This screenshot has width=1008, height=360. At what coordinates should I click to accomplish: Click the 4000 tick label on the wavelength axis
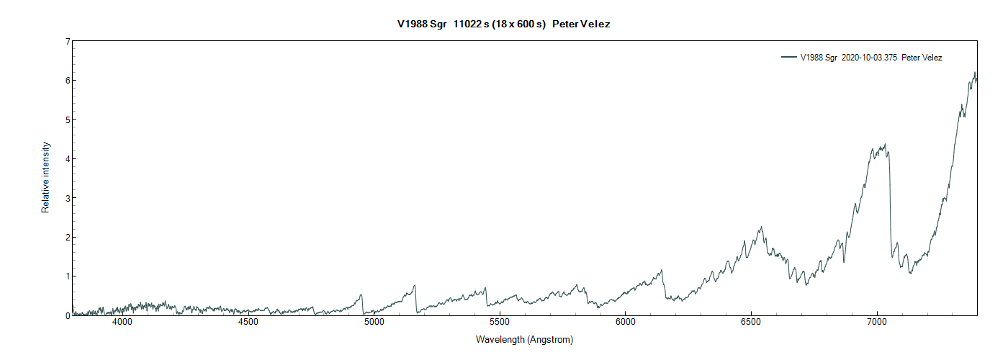[x=122, y=323]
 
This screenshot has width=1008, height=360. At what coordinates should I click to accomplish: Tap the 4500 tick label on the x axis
[x=248, y=323]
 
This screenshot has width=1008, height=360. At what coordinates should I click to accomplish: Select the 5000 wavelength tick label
[x=374, y=323]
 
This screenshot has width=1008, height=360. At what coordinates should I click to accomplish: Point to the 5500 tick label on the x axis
[x=500, y=323]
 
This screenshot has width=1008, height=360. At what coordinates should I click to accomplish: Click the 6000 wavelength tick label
[x=625, y=323]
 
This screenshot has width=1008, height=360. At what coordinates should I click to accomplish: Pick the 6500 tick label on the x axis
[x=751, y=323]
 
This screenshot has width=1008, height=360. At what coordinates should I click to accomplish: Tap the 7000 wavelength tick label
[x=877, y=323]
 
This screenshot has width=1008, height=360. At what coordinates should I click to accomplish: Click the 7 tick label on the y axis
[x=67, y=42]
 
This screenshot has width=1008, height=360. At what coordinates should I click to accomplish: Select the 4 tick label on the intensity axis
[x=67, y=159]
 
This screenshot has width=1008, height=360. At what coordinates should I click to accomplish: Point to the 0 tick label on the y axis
[x=67, y=315]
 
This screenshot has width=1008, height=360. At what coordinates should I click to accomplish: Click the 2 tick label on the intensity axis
[x=67, y=237]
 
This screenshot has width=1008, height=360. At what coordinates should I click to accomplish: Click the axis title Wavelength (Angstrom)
[x=524, y=339]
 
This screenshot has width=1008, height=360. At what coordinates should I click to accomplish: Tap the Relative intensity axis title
[x=46, y=177]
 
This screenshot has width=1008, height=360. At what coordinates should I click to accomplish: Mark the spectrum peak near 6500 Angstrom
[x=760, y=228]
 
